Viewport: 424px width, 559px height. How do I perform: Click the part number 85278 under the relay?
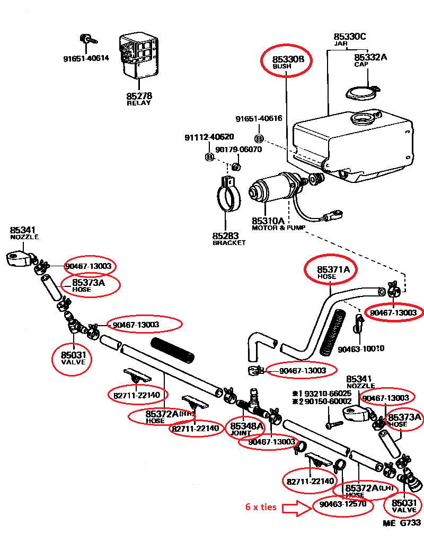(x=139, y=96)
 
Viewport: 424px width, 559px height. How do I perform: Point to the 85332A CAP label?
(x=370, y=59)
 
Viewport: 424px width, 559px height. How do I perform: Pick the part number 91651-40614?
(x=86, y=58)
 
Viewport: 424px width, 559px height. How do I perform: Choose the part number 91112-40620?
(x=209, y=137)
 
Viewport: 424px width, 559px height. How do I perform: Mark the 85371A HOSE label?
(x=333, y=272)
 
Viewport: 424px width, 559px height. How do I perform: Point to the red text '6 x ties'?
(x=261, y=506)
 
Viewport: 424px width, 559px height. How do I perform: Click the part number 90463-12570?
(x=343, y=504)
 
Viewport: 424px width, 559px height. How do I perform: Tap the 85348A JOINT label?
(x=246, y=428)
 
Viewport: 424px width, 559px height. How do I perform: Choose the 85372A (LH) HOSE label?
(x=369, y=490)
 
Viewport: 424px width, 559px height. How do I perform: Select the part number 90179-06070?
(x=238, y=150)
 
